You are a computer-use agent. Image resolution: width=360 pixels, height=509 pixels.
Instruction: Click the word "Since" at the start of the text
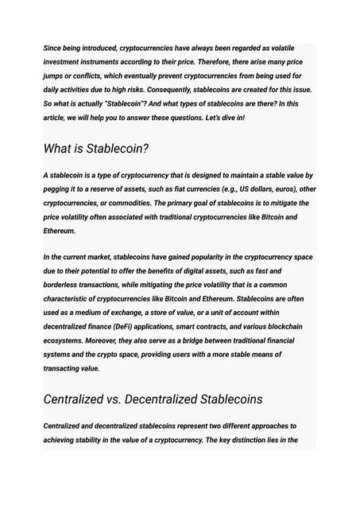[x=53, y=49]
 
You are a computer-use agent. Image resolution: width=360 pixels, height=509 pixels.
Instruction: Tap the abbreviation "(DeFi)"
[x=134, y=326]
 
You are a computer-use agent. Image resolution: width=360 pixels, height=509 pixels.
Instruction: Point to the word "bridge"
[x=207, y=340]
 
